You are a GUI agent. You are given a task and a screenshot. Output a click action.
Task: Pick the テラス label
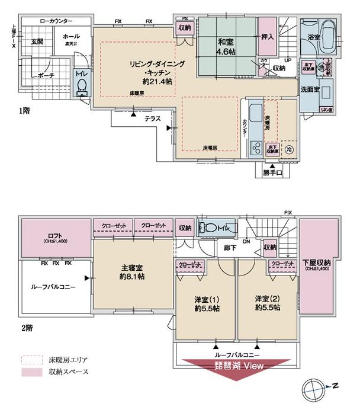click(153, 118)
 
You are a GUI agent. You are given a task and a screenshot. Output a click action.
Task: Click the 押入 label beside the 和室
click(268, 37)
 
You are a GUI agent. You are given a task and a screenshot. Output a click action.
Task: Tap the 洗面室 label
click(310, 89)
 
